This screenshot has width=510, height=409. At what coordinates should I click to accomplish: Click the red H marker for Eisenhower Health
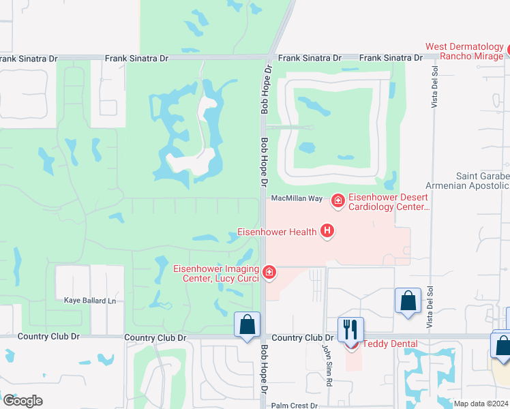[x=327, y=232]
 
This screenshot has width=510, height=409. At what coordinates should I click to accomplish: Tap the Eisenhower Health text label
[x=276, y=232]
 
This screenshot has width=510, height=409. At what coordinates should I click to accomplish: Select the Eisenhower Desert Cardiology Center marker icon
[x=337, y=200]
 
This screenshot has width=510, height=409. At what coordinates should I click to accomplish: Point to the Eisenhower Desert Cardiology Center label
[x=389, y=202]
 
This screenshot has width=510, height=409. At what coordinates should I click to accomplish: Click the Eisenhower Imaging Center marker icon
[x=269, y=273]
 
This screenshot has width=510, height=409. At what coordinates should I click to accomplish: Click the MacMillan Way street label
[x=297, y=198]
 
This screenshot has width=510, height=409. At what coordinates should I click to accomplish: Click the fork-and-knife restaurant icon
[x=350, y=329]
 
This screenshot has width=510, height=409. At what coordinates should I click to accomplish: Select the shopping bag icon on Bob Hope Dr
[x=247, y=324]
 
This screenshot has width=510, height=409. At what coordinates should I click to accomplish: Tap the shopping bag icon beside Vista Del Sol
[x=408, y=301]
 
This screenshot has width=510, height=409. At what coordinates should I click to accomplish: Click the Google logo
[x=22, y=400]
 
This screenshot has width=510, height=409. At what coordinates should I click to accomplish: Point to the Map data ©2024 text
[x=481, y=404]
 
